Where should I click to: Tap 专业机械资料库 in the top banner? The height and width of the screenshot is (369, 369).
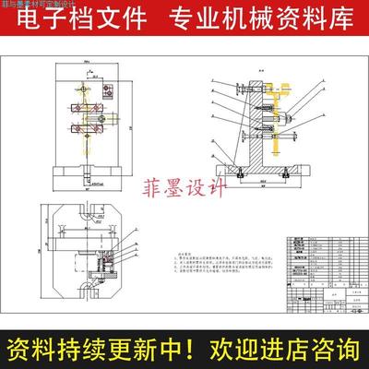251,18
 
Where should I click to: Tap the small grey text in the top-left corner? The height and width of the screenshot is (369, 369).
32,5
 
